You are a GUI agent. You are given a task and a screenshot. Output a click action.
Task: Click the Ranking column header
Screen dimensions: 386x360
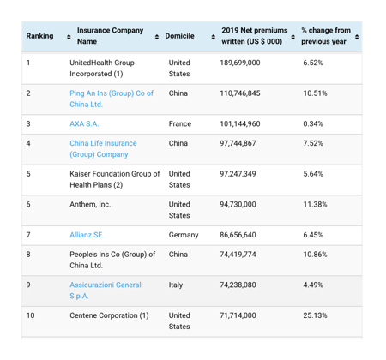coord(39,36)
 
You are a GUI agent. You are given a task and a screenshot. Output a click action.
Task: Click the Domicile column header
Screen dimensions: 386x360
coord(180,36)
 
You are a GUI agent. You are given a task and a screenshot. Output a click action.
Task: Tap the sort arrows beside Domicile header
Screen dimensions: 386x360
coord(214,36)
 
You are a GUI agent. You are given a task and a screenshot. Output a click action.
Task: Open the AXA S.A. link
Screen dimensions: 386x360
coord(84,123)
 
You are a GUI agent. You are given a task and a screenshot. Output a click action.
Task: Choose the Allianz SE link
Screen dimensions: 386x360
coord(86,234)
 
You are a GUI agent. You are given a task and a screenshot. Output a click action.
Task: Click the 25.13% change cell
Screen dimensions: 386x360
coord(316,315)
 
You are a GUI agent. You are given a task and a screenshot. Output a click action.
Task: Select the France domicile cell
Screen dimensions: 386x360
coord(180,123)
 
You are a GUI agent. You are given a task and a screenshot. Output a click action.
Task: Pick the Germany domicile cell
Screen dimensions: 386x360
coord(184,234)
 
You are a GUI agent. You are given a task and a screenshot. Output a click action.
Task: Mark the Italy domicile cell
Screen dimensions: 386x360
coord(176,285)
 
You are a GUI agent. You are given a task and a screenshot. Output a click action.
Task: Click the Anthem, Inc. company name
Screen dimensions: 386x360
coord(90,204)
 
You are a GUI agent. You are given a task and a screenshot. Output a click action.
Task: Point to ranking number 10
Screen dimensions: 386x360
coord(31,315)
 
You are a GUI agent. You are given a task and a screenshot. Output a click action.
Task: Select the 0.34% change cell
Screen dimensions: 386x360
coord(313,123)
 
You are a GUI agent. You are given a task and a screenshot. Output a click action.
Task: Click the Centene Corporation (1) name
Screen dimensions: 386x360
coord(109,315)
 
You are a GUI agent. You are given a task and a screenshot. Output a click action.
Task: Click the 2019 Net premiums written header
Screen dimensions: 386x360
coord(252,36)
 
